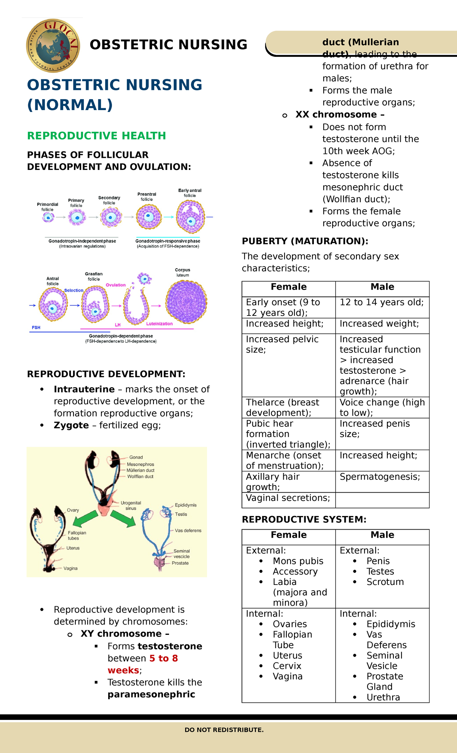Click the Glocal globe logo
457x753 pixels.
pyautogui.click(x=53, y=45)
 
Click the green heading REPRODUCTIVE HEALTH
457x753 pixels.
pyautogui.click(x=96, y=136)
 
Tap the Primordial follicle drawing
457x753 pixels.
pyautogui.click(x=48, y=217)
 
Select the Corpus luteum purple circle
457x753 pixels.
pyautogui.click(x=186, y=302)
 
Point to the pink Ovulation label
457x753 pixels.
pyautogui.click(x=115, y=285)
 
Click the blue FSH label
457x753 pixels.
pyautogui.click(x=36, y=327)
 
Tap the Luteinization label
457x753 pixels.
pyautogui.click(x=159, y=324)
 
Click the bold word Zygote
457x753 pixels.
pyautogui.click(x=71, y=425)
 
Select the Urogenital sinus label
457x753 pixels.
pyautogui.click(x=131, y=505)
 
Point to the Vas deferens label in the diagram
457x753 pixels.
pyautogui.click(x=188, y=530)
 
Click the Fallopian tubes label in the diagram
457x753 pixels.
pyautogui.click(x=77, y=535)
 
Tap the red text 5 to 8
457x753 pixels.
pyautogui.click(x=163, y=658)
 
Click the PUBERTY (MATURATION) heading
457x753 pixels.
pyautogui.click(x=305, y=241)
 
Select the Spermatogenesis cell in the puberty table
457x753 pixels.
pyautogui.click(x=380, y=477)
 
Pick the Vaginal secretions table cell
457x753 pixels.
pyautogui.click(x=288, y=498)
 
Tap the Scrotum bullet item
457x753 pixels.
pyautogui.click(x=385, y=582)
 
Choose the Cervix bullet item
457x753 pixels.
pyautogui.click(x=287, y=666)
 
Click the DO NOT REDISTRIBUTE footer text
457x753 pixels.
pyautogui.click(x=224, y=730)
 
